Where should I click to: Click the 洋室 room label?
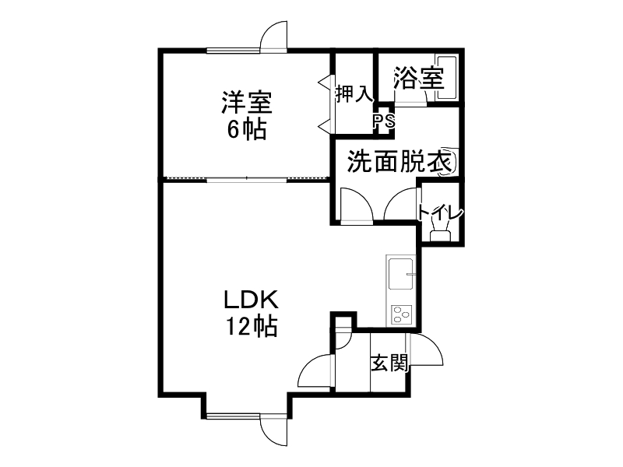246,102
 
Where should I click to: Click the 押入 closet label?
354,94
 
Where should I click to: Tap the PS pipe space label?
383,121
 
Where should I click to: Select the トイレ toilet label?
440,212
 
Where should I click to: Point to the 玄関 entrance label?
389,362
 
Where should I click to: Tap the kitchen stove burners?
402,314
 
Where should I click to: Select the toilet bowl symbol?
440,232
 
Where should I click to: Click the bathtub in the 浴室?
446,78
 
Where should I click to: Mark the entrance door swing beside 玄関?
427,349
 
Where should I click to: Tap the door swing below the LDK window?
275,428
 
